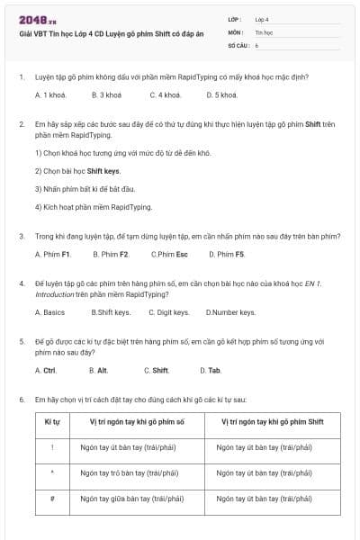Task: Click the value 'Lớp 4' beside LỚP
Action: pyautogui.click(x=262, y=18)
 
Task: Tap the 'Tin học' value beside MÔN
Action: pyautogui.click(x=263, y=31)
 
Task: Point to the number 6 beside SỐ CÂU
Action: pyautogui.click(x=256, y=44)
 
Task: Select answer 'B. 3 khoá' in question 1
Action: pyautogui.click(x=106, y=94)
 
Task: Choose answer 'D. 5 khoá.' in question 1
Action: pyautogui.click(x=221, y=94)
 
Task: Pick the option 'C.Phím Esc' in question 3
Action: pyautogui.click(x=169, y=254)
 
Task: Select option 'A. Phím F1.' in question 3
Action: pyautogui.click(x=53, y=254)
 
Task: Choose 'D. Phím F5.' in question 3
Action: pyautogui.click(x=226, y=254)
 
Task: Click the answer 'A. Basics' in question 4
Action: pyautogui.click(x=49, y=312)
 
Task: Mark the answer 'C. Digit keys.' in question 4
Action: pyautogui.click(x=168, y=312)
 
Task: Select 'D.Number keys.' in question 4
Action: pyautogui.click(x=230, y=312)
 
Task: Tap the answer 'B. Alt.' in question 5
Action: pyautogui.click(x=98, y=370)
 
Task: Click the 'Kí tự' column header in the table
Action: pyautogui.click(x=52, y=420)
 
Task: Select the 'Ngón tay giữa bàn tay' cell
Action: pyautogui.click(x=131, y=498)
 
